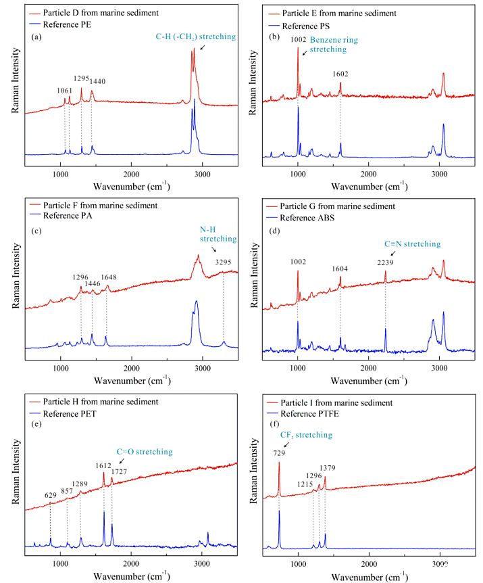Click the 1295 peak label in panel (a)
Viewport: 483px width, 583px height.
tap(81, 78)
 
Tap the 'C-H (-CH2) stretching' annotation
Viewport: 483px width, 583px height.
tap(196, 37)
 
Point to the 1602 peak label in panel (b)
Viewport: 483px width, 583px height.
tap(340, 74)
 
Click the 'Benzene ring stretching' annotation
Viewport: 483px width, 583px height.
tap(334, 45)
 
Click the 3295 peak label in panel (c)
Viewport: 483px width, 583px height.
tap(223, 262)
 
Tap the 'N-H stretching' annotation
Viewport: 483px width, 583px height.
tap(218, 234)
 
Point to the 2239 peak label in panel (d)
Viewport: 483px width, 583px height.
tap(385, 263)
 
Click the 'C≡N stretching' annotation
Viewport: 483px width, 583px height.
tap(413, 244)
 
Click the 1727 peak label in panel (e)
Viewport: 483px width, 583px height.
tap(119, 472)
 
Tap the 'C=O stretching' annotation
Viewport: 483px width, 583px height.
tap(145, 452)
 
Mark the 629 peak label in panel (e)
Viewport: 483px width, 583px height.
tap(51, 495)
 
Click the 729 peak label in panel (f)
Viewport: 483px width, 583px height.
tap(279, 453)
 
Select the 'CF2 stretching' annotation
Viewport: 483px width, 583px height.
tap(306, 435)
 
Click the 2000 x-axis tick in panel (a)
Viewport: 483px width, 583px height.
tap(132, 174)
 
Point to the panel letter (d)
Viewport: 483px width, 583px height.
tap(275, 231)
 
